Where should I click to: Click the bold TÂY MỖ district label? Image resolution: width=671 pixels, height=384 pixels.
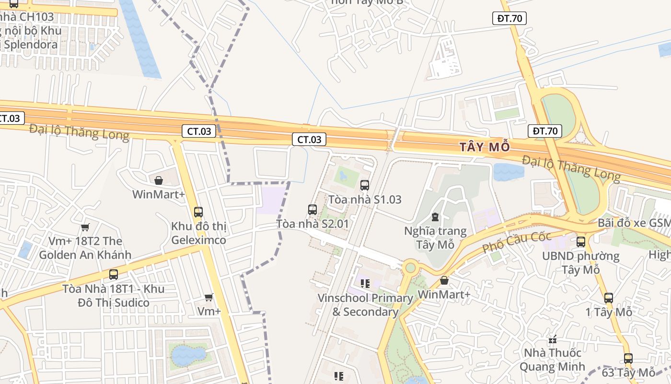point(485,146)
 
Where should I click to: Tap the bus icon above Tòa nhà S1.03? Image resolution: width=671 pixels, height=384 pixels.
point(365,185)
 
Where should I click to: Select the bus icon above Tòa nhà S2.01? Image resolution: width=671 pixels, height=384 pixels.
point(312,210)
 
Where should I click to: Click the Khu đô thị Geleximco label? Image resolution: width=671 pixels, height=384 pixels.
point(198,233)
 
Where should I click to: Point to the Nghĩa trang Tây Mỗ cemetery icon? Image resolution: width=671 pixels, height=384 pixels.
point(435,217)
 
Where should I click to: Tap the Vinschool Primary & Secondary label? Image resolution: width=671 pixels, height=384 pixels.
point(365,305)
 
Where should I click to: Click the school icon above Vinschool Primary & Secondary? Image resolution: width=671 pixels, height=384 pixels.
point(365,284)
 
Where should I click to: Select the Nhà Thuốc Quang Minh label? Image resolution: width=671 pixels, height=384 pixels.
point(552,360)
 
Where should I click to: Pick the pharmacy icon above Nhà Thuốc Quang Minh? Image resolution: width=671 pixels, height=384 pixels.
point(553,340)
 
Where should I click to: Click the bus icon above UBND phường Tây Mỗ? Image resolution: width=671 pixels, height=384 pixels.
point(581,242)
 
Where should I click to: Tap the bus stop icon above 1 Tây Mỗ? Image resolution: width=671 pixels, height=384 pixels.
point(609,298)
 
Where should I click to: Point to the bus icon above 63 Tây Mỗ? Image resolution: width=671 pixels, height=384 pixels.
point(628,358)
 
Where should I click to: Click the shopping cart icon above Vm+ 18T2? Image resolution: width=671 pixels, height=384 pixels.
point(85,227)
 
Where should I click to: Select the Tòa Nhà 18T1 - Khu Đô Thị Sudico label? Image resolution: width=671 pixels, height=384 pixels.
point(114,296)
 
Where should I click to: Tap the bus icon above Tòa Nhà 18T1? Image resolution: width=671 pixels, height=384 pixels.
point(114,275)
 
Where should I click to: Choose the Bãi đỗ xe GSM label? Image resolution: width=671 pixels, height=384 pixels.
point(634,223)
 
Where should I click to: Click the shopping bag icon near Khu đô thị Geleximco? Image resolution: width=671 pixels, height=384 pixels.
point(159,180)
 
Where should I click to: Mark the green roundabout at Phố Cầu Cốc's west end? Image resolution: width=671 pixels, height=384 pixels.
point(410,267)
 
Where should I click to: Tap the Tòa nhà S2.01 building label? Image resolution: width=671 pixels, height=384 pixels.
point(312,224)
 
